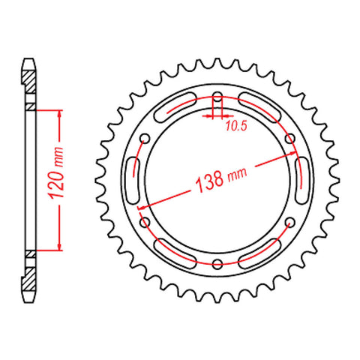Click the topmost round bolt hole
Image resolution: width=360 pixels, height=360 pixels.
tap(217, 96)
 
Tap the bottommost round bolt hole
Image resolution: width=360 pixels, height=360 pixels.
tap(217, 263)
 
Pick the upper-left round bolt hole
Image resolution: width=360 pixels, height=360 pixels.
tap(145, 137)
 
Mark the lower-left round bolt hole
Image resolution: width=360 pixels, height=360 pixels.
tap(145, 222)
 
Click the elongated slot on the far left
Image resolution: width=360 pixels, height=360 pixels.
tap(136, 180)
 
